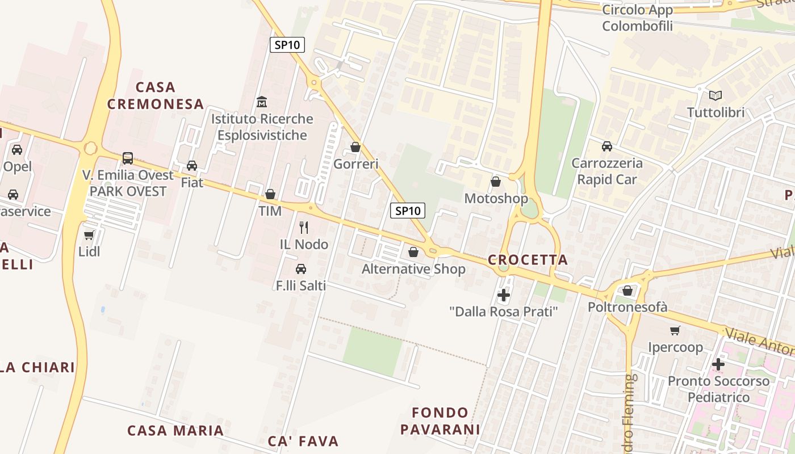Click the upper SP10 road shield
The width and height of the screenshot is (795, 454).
[287, 45]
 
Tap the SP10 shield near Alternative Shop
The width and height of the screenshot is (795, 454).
[408, 211]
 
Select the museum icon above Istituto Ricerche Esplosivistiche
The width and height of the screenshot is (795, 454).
[262, 102]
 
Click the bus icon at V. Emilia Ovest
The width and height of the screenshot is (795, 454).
[128, 158]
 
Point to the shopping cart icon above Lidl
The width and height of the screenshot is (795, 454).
[89, 235]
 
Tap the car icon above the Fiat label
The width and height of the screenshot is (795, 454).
[192, 166]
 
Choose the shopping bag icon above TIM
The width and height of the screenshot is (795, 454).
[270, 194]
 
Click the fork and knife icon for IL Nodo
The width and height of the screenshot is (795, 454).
[304, 228]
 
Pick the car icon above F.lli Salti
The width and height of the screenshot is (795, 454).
[301, 269]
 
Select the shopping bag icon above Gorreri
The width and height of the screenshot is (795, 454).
[355, 148]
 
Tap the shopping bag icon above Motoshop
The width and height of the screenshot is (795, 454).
[496, 182]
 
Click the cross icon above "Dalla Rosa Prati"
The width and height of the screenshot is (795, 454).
[503, 295]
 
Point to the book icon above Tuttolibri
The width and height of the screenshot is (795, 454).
[715, 95]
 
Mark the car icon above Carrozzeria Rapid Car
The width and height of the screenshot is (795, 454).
[607, 146]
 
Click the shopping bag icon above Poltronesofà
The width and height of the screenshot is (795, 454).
[627, 291]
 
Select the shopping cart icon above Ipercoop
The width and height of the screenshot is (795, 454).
[675, 330]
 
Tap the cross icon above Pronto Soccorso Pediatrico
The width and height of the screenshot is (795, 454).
[718, 364]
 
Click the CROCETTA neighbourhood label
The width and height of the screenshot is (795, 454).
[528, 260]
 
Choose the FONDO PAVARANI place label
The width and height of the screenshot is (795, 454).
[440, 421]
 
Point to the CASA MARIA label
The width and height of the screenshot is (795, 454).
[175, 430]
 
